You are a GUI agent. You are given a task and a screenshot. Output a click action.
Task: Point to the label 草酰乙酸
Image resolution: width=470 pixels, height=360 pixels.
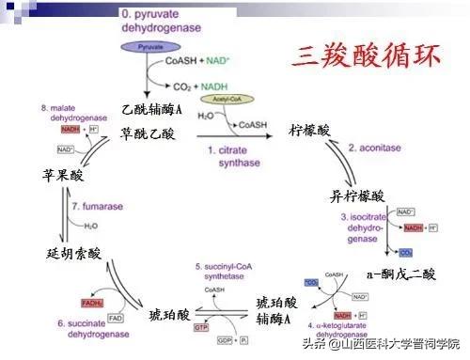(148, 133)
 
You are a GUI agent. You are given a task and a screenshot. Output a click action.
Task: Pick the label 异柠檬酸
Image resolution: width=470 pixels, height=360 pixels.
(356, 196)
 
